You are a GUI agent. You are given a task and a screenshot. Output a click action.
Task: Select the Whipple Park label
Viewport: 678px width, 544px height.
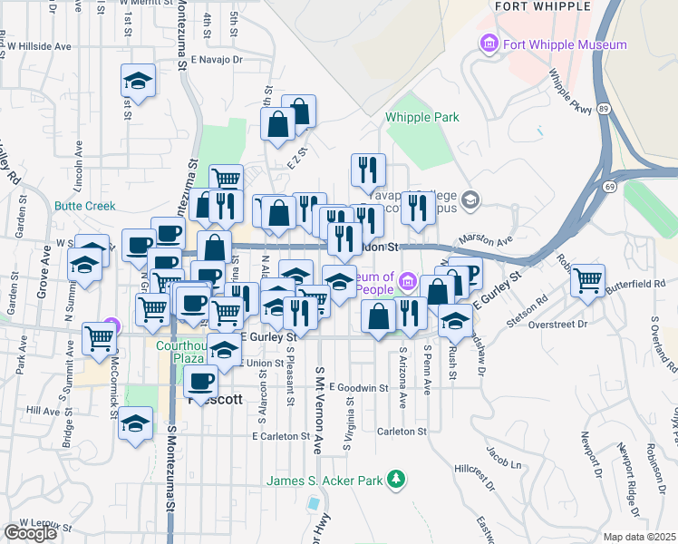(x=421, y=117)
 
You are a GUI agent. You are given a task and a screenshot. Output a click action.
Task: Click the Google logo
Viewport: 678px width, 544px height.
(x=30, y=533)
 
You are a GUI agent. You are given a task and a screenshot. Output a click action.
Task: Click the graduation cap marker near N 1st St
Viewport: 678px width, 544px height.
(x=138, y=82)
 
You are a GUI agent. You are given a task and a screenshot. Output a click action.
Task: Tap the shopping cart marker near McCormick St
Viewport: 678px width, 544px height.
(x=99, y=338)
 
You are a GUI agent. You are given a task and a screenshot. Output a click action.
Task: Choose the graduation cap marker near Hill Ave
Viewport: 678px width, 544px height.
(x=135, y=423)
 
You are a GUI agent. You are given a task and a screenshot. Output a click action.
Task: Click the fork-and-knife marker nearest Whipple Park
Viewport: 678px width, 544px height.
(x=368, y=170)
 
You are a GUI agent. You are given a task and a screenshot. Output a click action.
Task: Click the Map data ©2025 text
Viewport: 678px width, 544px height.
(x=639, y=537)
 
